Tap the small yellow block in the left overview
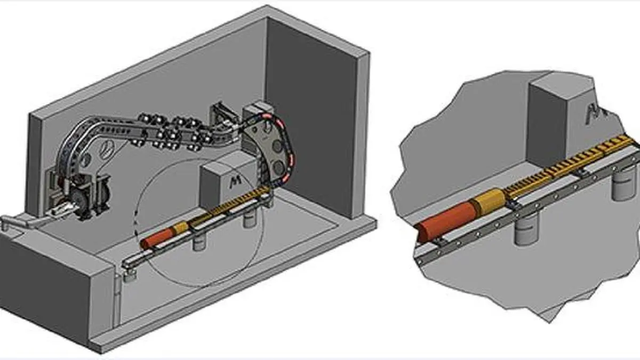click(x=181, y=228)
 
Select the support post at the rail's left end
click(x=129, y=276)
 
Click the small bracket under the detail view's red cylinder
click(x=438, y=243)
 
